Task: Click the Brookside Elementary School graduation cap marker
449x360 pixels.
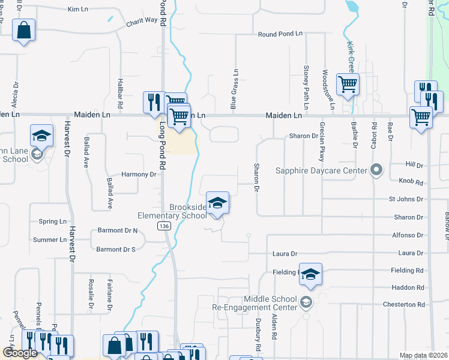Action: point(217,202)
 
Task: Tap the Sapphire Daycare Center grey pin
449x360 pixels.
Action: point(376,170)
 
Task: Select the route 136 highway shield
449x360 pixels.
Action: point(163,226)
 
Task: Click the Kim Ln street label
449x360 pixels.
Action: point(78,10)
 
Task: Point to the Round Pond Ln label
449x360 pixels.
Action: point(280,34)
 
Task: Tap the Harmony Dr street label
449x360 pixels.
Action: point(139,175)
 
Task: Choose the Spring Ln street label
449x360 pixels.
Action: point(52,221)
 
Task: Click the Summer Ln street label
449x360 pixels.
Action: point(50,240)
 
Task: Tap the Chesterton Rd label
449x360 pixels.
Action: point(403,305)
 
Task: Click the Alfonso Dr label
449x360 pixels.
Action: point(408,236)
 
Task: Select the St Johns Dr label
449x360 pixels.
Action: point(406,199)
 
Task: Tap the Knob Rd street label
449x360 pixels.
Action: point(411,181)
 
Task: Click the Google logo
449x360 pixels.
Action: point(20,353)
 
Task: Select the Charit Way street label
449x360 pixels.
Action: point(142,21)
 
